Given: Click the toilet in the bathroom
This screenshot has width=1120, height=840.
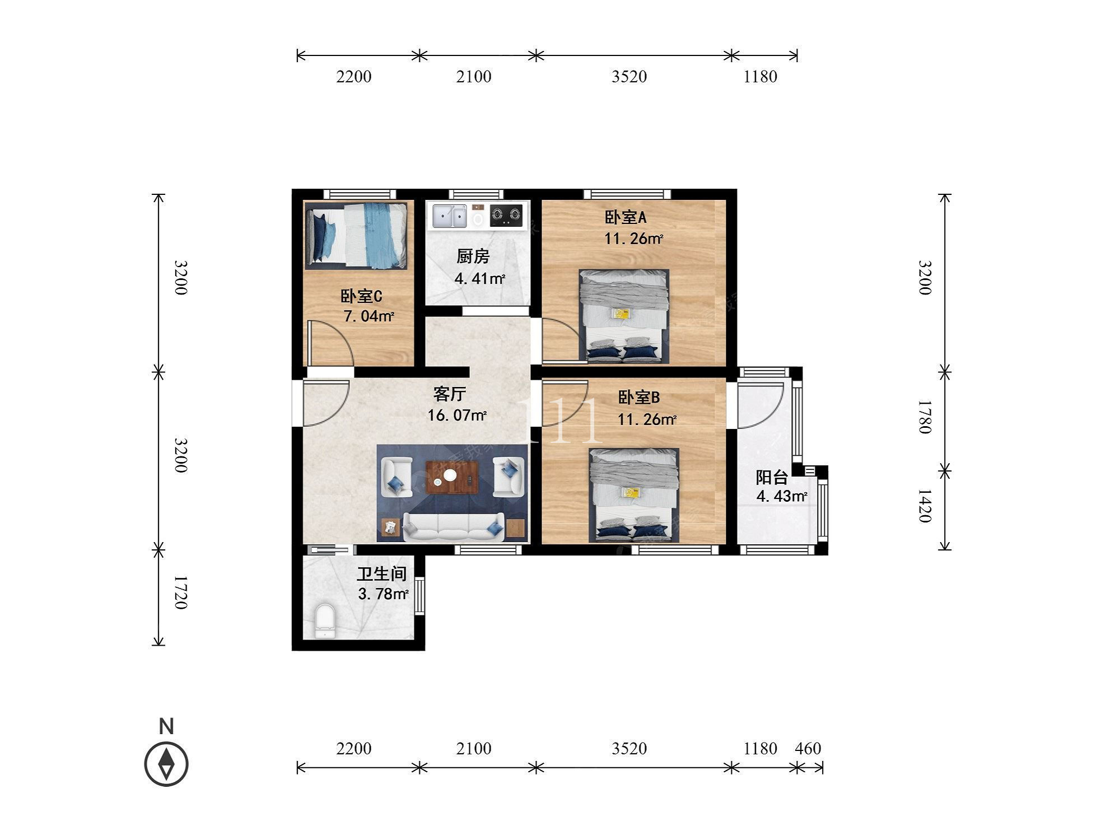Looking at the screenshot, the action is [325, 620].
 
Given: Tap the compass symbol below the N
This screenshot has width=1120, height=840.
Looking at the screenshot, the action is [166, 764].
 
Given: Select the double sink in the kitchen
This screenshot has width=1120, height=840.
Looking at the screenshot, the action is [449, 216].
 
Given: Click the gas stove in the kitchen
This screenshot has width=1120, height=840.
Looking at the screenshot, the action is [506, 216].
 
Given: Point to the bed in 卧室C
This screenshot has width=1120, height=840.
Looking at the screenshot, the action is [356, 235].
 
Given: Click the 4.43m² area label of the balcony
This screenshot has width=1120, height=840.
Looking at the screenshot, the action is [782, 496].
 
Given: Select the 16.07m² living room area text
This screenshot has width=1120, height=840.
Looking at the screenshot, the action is [457, 416].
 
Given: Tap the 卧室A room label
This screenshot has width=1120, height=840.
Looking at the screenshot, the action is [626, 217].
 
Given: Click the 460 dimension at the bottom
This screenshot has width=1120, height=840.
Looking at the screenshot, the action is [808, 749].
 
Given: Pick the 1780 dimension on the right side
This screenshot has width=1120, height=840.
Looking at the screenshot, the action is [925, 417].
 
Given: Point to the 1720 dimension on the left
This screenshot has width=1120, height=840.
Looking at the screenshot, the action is [180, 592].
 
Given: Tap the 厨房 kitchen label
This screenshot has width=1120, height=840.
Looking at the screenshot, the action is [473, 256].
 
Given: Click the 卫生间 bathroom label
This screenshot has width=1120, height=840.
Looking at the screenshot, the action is [382, 573].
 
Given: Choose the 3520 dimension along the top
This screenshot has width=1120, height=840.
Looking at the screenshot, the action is [629, 77].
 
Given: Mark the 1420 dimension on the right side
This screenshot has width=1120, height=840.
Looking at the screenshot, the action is [925, 506].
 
